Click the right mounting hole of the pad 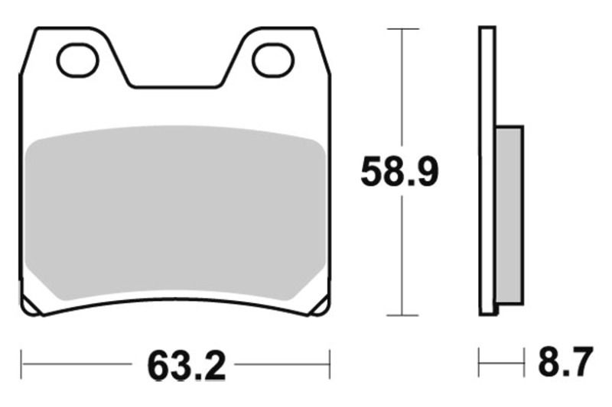(274, 60)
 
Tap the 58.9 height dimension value (399, 173)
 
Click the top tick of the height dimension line (402, 29)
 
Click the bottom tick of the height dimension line (402, 315)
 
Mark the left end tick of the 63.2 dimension (21, 364)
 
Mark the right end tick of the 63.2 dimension (330, 364)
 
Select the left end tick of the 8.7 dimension (480, 363)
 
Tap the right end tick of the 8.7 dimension (524, 363)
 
